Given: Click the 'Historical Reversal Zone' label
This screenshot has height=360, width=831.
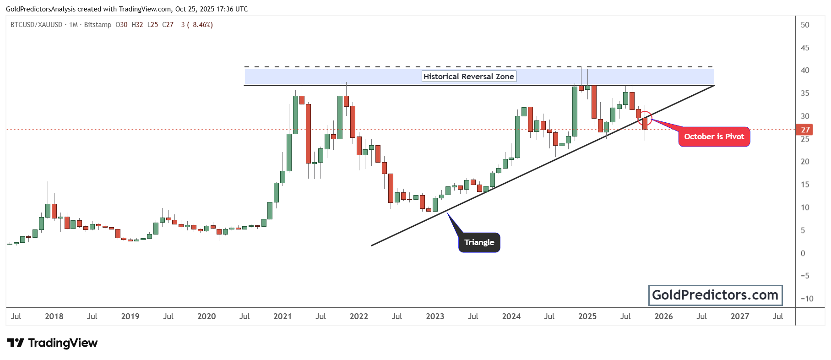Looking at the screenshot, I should click(x=469, y=76).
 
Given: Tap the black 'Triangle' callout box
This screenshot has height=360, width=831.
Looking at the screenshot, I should click(x=479, y=242).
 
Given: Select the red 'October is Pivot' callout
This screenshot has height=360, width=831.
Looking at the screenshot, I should click(x=714, y=136).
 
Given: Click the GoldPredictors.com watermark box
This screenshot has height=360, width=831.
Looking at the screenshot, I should click(x=715, y=295).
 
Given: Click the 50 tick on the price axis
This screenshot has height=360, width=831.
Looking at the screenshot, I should click(x=805, y=25).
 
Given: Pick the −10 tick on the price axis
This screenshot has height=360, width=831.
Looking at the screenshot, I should click(x=807, y=299).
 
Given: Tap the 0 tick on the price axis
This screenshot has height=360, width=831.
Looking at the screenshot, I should click(x=803, y=253).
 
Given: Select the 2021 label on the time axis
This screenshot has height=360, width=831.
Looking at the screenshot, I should click(x=282, y=316).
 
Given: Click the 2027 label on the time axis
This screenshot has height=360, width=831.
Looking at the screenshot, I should click(x=739, y=316).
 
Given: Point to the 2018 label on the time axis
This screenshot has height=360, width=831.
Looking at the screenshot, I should click(x=54, y=316).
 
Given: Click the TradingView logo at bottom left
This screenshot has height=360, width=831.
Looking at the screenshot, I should click(x=52, y=343).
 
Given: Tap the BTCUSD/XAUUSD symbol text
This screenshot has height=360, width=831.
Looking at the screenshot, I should click(x=36, y=25).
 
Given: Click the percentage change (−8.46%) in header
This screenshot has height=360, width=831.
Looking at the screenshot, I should click(x=200, y=25).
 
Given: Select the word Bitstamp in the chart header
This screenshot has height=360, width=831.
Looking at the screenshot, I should click(x=98, y=25).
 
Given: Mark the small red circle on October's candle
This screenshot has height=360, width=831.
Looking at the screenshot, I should click(x=645, y=119).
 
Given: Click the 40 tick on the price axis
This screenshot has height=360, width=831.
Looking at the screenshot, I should click(x=805, y=71).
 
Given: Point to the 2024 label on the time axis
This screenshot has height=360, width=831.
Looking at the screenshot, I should click(x=511, y=316).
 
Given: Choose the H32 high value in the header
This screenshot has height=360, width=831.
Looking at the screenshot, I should click(x=137, y=25).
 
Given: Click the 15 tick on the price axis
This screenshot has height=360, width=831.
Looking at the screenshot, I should click(x=805, y=185).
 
